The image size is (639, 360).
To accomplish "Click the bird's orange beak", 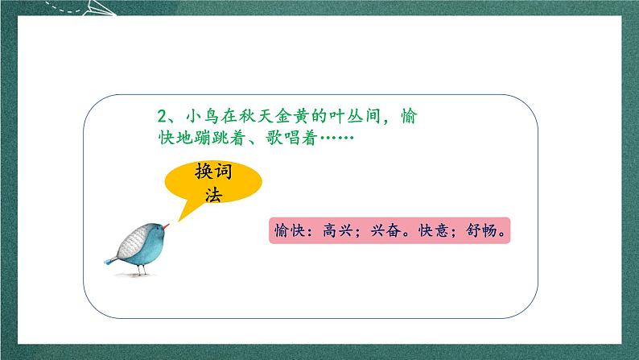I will [167, 230].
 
